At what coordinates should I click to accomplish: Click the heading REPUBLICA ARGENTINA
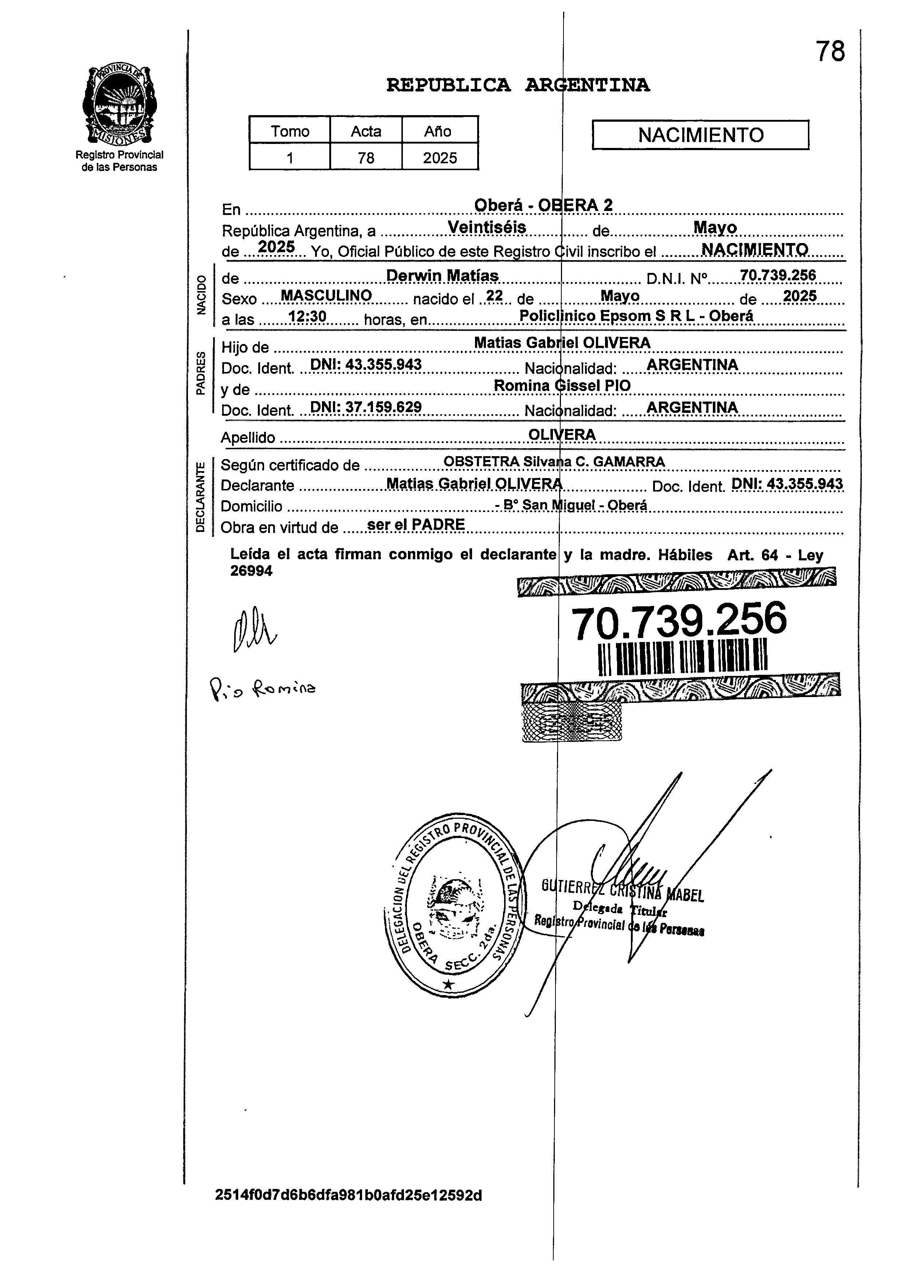[x=518, y=85]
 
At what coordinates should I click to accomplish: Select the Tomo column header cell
[x=290, y=131]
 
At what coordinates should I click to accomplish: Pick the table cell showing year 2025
[x=440, y=158]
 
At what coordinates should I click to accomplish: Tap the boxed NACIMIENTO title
[x=700, y=135]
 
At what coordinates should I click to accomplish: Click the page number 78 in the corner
[x=830, y=52]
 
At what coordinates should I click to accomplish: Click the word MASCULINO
[x=326, y=296]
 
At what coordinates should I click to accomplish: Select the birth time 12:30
[x=307, y=316]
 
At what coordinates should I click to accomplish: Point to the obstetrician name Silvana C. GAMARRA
[x=594, y=462]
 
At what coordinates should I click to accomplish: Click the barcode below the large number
[x=682, y=657]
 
